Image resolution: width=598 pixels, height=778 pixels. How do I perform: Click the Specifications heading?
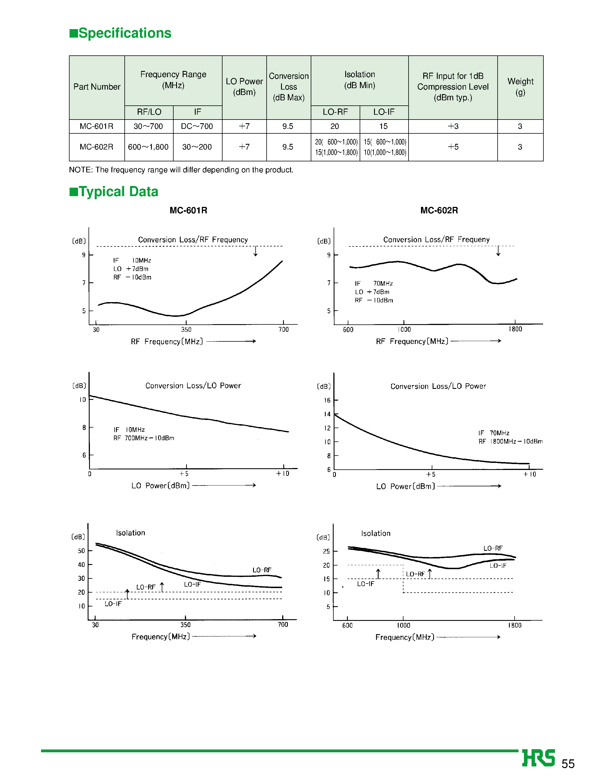[x=121, y=33]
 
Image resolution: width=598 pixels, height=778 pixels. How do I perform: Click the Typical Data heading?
[x=114, y=192]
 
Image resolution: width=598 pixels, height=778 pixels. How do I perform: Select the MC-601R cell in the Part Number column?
[x=96, y=126]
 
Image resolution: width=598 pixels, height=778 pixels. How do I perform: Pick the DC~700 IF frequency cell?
[x=197, y=126]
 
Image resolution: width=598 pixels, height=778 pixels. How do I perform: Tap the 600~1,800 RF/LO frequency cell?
[x=148, y=147]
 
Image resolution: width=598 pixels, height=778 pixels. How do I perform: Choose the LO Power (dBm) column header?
[x=244, y=87]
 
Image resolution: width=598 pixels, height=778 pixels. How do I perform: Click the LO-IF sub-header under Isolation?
[x=384, y=112]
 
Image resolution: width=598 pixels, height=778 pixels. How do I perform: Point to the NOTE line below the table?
[x=181, y=170]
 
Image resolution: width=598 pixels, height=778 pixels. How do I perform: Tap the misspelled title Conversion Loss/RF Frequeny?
[x=436, y=239]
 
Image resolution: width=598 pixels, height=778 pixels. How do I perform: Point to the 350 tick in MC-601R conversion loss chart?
[x=186, y=330]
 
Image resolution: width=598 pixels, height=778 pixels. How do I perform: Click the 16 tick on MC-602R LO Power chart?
[x=327, y=400]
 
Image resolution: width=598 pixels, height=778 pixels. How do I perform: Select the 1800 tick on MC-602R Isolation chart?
[x=515, y=625]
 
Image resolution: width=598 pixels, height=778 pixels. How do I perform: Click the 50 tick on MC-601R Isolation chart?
[x=81, y=551]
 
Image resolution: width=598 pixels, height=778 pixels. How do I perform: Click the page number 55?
[x=568, y=764]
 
